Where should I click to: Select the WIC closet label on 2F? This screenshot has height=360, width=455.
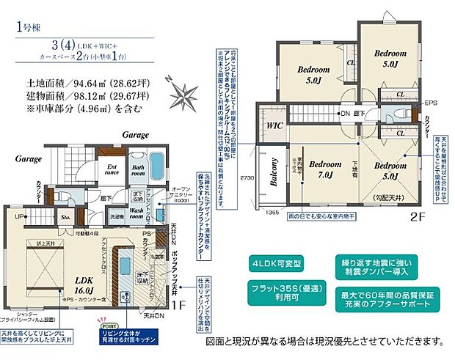pos(275,125)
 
